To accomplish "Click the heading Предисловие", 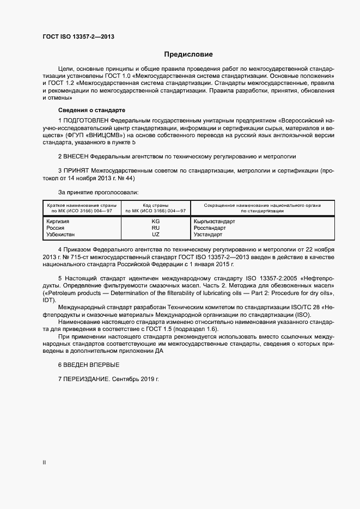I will (x=188, y=54).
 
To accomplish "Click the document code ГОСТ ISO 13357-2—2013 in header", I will (x=78, y=37).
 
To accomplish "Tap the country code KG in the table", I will (x=155, y=222).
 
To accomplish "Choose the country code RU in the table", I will (x=155, y=228).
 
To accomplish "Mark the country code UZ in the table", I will (x=155, y=235).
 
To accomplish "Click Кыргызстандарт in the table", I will (x=214, y=222).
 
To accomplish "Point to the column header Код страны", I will (x=155, y=205).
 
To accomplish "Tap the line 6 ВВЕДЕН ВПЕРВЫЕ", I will (x=88, y=364).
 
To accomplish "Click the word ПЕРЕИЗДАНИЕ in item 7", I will (x=87, y=378).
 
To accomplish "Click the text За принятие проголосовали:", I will (x=98, y=192).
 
